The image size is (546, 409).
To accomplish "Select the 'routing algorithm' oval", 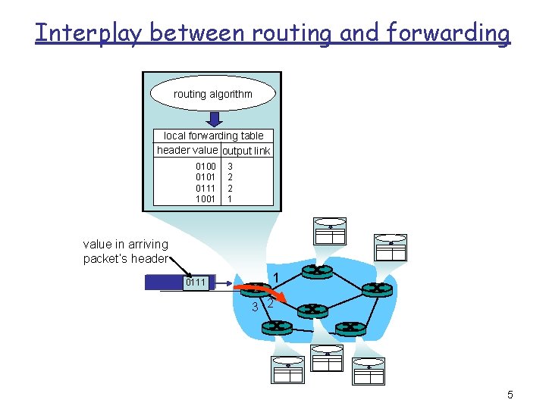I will (212, 94).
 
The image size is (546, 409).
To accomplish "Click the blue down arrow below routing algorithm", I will (214, 120).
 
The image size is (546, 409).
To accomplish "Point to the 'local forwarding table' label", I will (213, 136).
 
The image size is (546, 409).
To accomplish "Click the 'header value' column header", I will (187, 150).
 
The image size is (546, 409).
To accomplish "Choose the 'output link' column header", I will (246, 151).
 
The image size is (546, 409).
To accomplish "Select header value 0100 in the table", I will (206, 166).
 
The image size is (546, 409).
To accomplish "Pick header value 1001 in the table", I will (206, 199).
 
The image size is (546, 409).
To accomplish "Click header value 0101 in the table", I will (206, 177).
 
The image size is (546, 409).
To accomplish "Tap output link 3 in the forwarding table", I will (230, 166).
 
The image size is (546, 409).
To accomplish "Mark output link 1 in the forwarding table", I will (230, 199).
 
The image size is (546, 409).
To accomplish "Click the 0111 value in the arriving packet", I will (196, 283).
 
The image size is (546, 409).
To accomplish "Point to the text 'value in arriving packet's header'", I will (126, 251).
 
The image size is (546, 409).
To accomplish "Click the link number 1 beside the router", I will (278, 277).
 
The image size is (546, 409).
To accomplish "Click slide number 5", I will (510, 395).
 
